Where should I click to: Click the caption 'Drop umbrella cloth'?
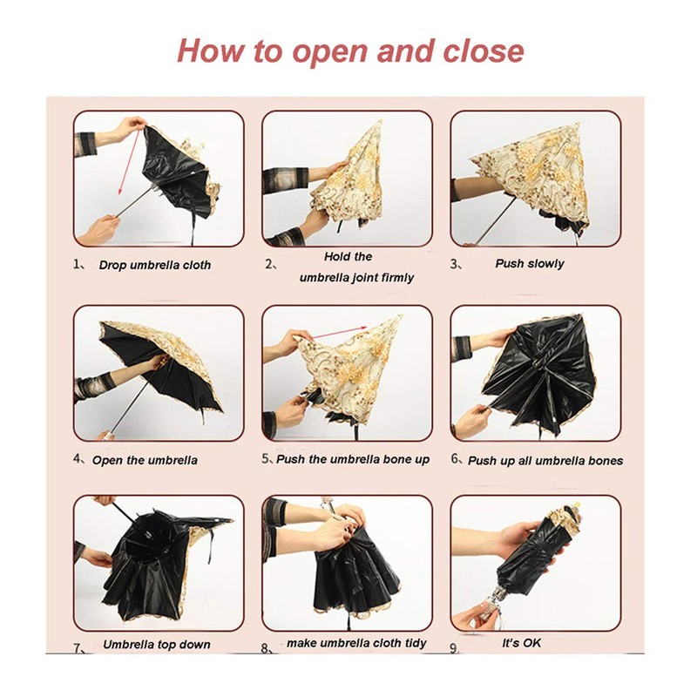coord(154,264)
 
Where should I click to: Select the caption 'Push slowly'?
coord(529,263)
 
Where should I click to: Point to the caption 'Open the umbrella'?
coord(145,460)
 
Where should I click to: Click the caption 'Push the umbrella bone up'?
coord(353,459)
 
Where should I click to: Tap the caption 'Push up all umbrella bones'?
coord(545,460)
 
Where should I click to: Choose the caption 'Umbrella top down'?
coord(157,645)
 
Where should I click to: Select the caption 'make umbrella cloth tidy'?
coord(357,643)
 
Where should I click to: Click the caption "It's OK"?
coord(522,643)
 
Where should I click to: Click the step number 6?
coord(456,458)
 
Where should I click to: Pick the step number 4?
coord(78,459)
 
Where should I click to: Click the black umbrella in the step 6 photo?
coord(545,370)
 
